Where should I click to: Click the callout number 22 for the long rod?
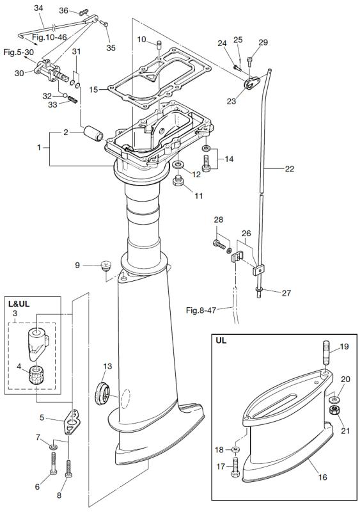pyautogui.click(x=290, y=168)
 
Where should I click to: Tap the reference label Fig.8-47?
pyautogui.click(x=201, y=310)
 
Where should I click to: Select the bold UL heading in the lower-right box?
pyautogui.click(x=221, y=340)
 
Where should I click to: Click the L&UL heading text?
pyautogui.click(x=19, y=303)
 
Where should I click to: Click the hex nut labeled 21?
pyautogui.click(x=334, y=410)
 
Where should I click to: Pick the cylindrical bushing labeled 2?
pyautogui.click(x=93, y=134)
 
